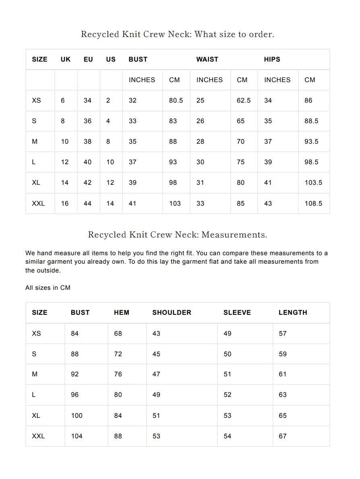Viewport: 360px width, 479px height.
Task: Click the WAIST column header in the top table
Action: pos(207,59)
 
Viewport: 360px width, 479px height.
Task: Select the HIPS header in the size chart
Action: pos(272,59)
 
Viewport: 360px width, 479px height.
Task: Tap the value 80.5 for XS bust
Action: pos(176,100)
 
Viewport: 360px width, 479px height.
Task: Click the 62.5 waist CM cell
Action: pos(244,100)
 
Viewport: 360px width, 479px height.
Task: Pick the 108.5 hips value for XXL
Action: pos(313,203)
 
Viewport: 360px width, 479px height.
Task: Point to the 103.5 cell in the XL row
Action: pos(313,182)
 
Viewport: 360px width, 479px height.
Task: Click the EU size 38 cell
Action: pos(87,141)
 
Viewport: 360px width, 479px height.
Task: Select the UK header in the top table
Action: pos(66,59)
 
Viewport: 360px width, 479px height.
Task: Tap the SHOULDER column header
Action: pos(172,312)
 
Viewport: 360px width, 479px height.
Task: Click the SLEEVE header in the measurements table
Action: pos(237,312)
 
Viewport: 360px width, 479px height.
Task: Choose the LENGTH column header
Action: pos(293,312)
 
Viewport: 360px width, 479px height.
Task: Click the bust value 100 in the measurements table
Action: pos(77,415)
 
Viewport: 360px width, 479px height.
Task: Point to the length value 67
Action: pos(283,436)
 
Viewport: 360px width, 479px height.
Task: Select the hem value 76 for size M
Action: pos(118,374)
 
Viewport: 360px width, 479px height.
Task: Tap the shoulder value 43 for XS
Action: pos(156,333)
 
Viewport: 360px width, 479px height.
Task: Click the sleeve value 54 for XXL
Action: pos(228,436)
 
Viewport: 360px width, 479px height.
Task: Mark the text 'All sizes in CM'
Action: pos(48,287)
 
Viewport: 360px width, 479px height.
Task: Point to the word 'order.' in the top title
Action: pos(261,34)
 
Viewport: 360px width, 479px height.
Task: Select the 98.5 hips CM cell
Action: pos(311,162)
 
